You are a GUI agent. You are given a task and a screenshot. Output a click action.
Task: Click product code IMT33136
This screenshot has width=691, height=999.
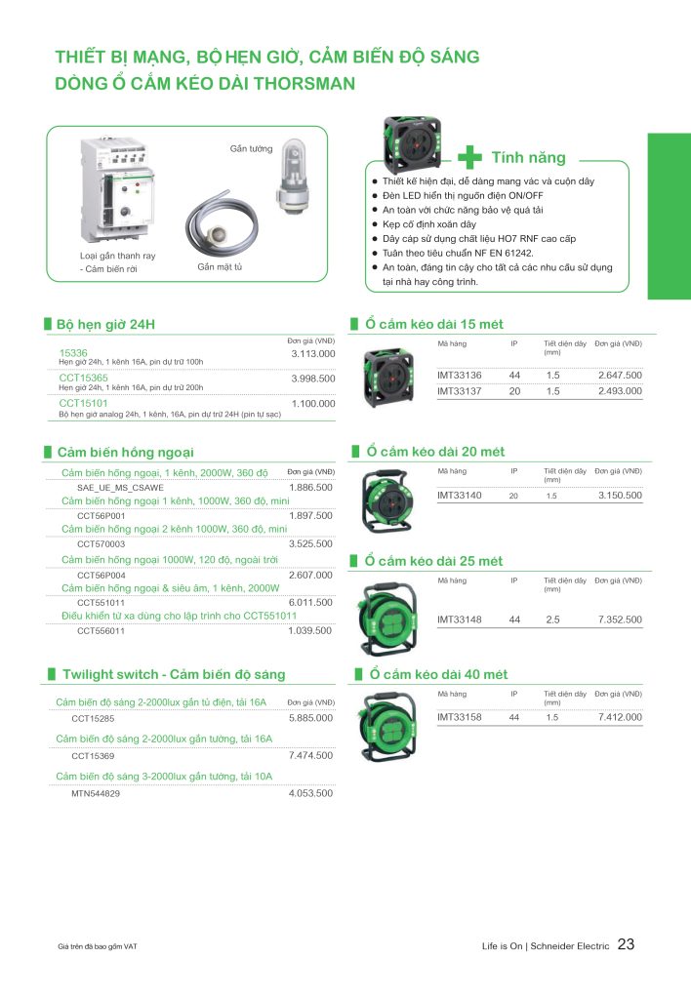[x=459, y=375]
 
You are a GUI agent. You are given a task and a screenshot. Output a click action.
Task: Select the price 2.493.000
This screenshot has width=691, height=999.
[x=620, y=391]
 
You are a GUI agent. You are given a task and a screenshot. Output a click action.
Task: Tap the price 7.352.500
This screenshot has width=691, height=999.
[x=620, y=619]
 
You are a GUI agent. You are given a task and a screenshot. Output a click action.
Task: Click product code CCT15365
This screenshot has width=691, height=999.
[x=84, y=378]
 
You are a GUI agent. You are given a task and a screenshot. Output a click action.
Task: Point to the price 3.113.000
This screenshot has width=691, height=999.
[x=312, y=353]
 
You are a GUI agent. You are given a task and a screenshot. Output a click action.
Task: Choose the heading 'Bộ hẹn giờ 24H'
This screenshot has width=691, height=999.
[x=105, y=323]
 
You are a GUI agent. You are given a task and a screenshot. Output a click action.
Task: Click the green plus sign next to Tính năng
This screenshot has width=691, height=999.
[x=470, y=157]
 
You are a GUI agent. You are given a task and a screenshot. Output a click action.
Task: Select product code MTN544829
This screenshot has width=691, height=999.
[x=96, y=794]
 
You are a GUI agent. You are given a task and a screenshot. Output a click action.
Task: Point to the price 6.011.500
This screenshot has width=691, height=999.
[x=310, y=602]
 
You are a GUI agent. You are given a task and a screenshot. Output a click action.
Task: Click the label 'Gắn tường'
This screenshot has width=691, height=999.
[x=250, y=148]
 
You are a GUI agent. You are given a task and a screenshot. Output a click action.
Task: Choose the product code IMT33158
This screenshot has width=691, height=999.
[x=459, y=717]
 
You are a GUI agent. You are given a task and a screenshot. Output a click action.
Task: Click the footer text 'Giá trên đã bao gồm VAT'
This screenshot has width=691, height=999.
[x=103, y=946]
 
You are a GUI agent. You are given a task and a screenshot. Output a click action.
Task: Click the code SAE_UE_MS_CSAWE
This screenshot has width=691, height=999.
[x=120, y=486]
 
